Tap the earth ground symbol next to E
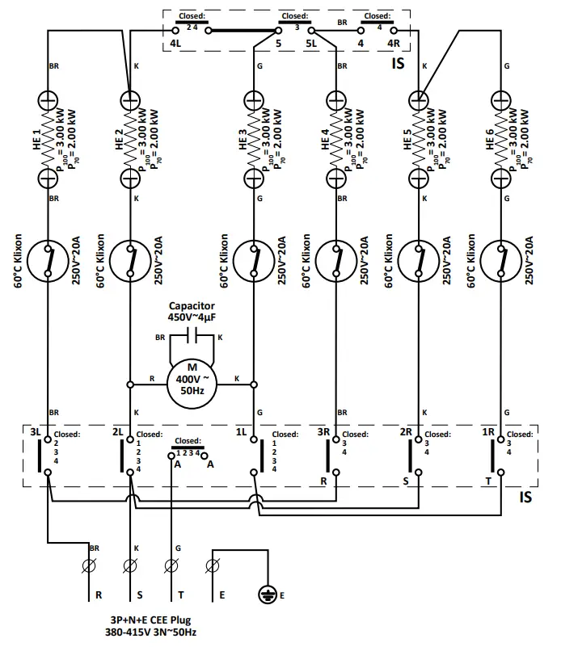[x=267, y=595]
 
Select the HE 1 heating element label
[x=35, y=141]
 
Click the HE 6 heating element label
[x=489, y=141]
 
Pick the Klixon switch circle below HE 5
[x=419, y=260]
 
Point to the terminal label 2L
[x=118, y=434]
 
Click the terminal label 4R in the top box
[x=394, y=43]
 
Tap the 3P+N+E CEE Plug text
[x=154, y=620]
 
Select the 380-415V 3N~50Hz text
[x=154, y=632]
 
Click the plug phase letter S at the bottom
[x=140, y=595]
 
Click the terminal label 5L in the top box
[x=312, y=43]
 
